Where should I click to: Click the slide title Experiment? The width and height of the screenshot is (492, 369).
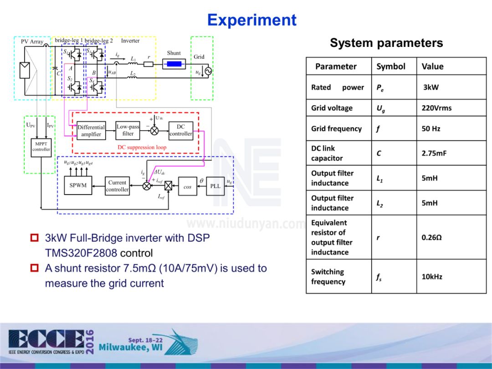pyautogui.click(x=251, y=20)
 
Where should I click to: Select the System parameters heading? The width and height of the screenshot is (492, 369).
pyautogui.click(x=386, y=43)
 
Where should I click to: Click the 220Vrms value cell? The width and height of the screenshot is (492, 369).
pyautogui.click(x=436, y=108)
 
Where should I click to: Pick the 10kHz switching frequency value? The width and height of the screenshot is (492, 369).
pyautogui.click(x=432, y=277)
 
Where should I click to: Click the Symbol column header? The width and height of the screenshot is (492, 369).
pyautogui.click(x=390, y=67)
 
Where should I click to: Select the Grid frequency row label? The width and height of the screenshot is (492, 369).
pyautogui.click(x=336, y=128)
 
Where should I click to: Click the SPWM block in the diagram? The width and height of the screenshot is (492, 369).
pyautogui.click(x=78, y=185)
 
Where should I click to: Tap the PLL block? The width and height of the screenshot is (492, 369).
pyautogui.click(x=215, y=186)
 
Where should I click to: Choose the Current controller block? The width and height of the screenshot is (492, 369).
pyautogui.click(x=117, y=186)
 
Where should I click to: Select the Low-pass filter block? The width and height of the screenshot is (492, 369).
pyautogui.click(x=128, y=130)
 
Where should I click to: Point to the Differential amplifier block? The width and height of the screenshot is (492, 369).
pyautogui.click(x=91, y=131)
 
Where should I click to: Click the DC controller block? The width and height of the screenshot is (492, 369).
pyautogui.click(x=180, y=130)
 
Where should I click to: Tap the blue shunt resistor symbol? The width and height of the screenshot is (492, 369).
pyautogui.click(x=174, y=64)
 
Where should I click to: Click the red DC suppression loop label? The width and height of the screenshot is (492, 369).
pyautogui.click(x=142, y=147)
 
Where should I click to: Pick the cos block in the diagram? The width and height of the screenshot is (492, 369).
pyautogui.click(x=187, y=187)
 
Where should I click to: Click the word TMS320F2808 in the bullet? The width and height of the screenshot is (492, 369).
pyautogui.click(x=81, y=253)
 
